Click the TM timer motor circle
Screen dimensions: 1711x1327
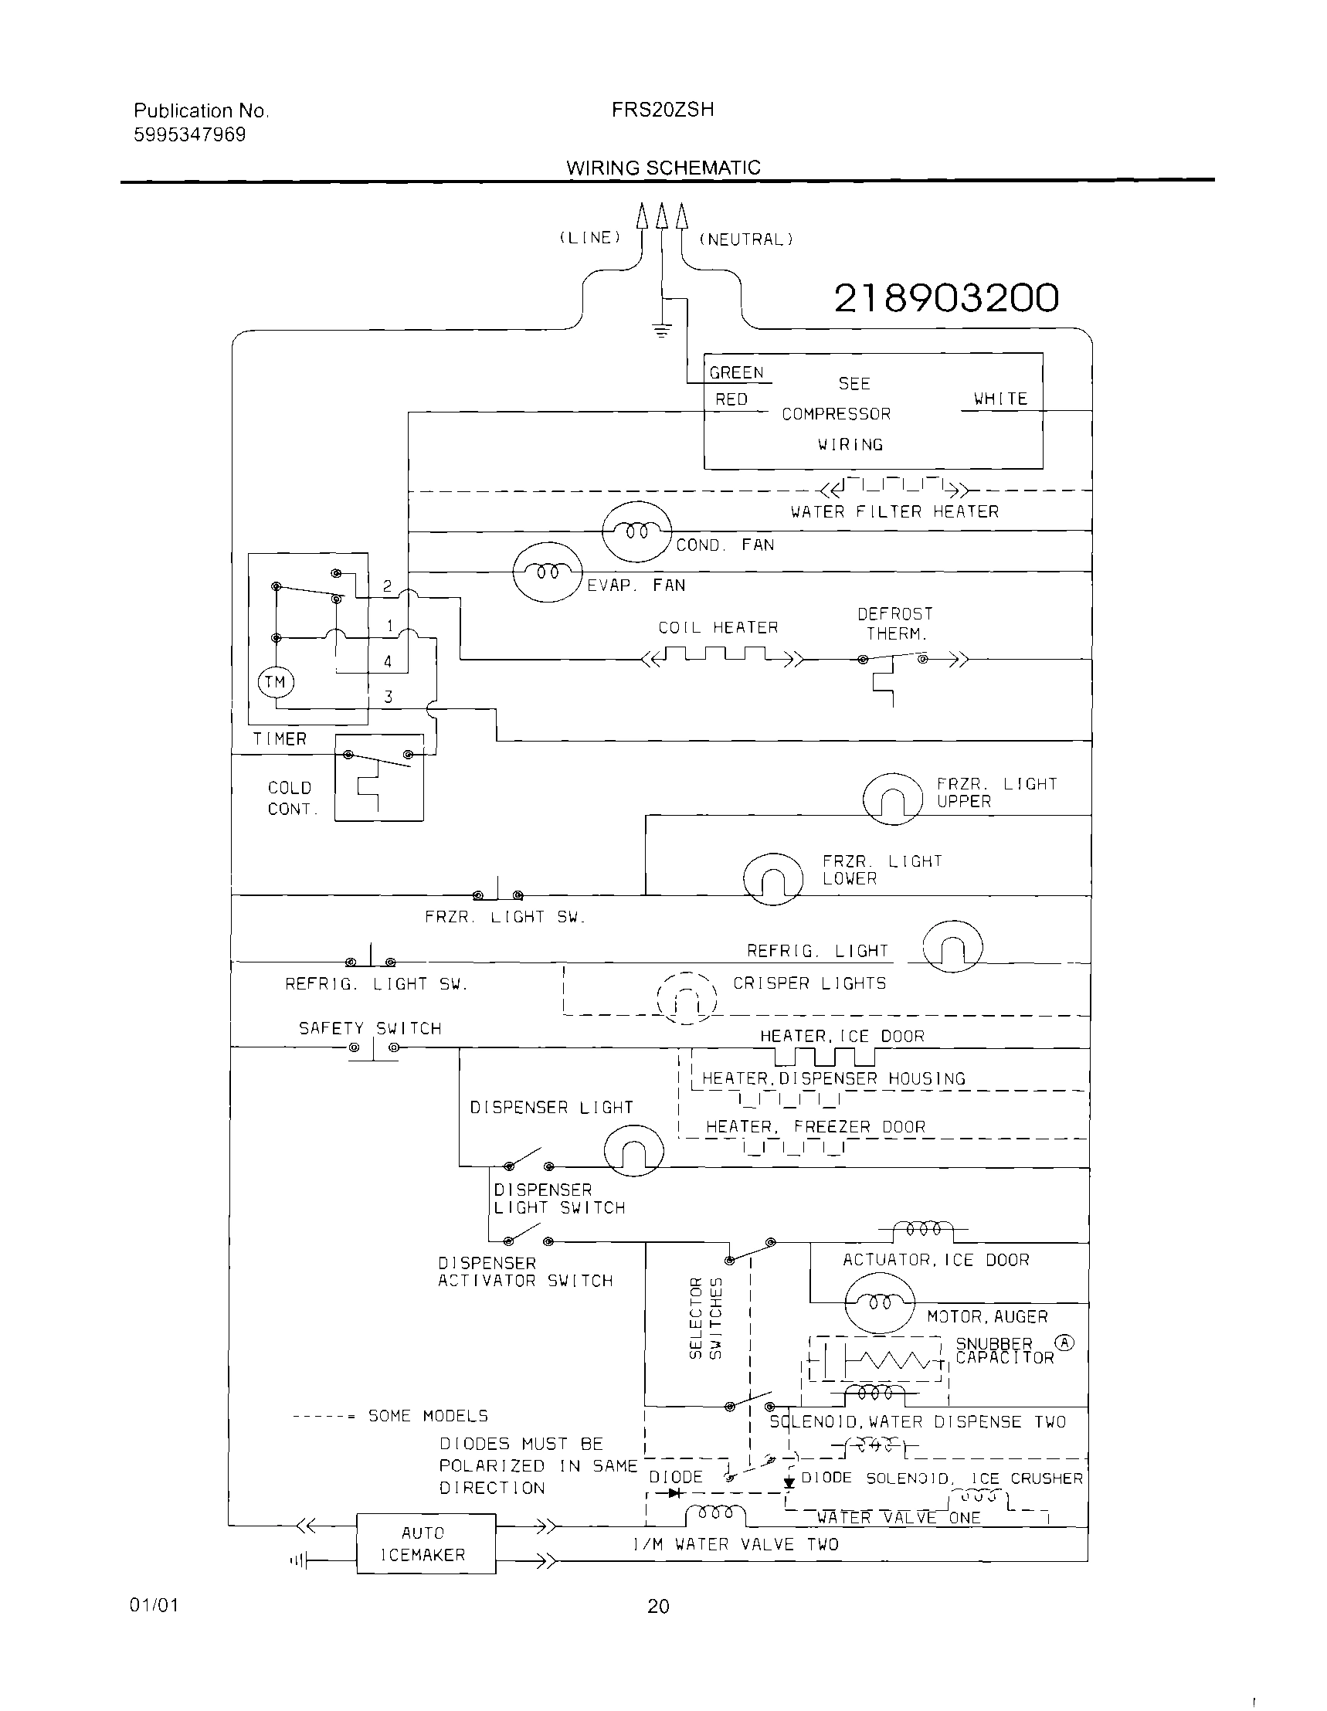275,681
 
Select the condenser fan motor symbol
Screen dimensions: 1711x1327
637,531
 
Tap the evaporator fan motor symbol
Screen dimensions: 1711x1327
548,572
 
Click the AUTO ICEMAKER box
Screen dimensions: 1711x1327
426,1543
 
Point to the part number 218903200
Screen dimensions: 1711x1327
946,297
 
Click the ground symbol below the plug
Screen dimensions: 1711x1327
662,330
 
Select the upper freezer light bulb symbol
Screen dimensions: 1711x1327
892,799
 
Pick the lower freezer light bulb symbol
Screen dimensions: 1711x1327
772,878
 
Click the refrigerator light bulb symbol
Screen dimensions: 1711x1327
952,946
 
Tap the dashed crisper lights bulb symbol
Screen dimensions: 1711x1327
686,997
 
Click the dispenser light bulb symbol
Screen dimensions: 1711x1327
633,1151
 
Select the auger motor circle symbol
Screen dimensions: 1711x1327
880,1302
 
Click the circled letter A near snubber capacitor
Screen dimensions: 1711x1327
1064,1343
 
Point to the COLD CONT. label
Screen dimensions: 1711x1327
292,798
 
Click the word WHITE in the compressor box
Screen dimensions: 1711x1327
1000,399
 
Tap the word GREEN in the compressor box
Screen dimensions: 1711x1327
736,373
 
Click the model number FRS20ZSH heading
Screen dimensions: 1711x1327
663,110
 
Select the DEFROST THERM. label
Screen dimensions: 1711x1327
895,623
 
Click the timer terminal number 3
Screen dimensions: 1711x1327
389,697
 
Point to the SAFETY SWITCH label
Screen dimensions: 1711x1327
370,1028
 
